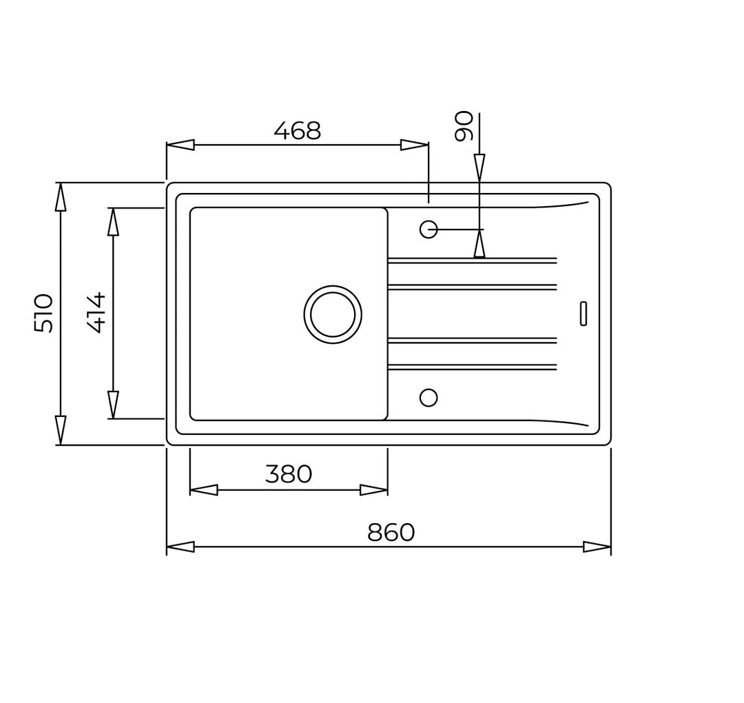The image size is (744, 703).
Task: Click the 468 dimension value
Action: click(x=298, y=130)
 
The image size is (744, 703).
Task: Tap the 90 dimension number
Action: click(x=464, y=126)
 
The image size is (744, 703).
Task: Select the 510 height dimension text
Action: click(x=43, y=313)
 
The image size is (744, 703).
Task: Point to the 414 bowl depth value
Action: click(x=96, y=313)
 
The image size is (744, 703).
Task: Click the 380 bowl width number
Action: click(x=289, y=473)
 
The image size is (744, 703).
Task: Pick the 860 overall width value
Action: click(x=391, y=533)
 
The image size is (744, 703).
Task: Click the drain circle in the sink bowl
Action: click(x=333, y=314)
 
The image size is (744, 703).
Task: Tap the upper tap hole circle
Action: click(x=428, y=230)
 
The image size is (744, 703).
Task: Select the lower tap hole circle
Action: click(x=428, y=398)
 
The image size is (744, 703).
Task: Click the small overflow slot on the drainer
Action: click(x=583, y=314)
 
